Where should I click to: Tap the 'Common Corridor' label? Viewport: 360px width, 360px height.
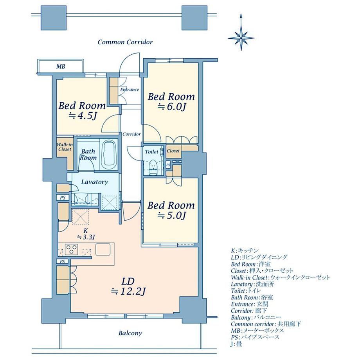(x=125, y=42)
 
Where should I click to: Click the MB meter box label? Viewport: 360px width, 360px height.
(x=61, y=67)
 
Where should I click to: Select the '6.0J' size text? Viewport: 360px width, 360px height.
(x=171, y=107)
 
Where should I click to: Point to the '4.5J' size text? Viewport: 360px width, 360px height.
(x=83, y=116)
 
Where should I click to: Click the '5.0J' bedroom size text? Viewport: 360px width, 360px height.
(x=171, y=215)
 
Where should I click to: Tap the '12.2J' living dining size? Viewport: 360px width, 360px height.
(x=128, y=292)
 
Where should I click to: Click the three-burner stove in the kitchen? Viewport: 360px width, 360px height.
(x=71, y=249)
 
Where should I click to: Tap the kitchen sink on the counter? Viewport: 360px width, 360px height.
(x=103, y=249)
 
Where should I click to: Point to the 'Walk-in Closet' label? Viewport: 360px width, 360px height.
(x=65, y=147)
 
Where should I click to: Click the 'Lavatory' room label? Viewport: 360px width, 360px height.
(x=95, y=182)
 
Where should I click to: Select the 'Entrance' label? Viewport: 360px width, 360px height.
(x=130, y=90)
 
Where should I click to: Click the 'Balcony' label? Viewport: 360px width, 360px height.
(x=130, y=333)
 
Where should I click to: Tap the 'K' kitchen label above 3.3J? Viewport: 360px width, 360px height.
(x=86, y=231)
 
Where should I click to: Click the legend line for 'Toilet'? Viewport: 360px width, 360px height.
(x=246, y=291)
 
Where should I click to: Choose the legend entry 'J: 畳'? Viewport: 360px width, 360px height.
(x=236, y=344)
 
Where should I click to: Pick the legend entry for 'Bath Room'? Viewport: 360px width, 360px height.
(x=252, y=297)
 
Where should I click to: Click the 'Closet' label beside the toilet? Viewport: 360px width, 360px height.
(x=173, y=151)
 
